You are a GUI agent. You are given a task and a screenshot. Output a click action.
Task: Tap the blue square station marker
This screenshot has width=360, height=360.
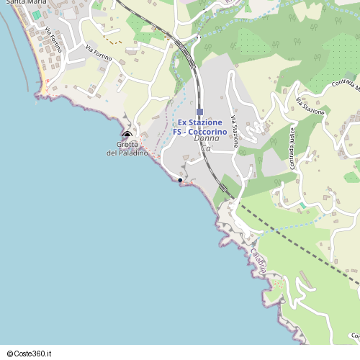pyautogui.click(x=200, y=112)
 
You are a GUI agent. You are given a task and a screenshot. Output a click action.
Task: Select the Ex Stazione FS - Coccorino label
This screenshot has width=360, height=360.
pyautogui.click(x=199, y=127)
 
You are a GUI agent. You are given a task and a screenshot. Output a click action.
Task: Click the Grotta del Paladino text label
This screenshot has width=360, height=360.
pyautogui.click(x=127, y=149)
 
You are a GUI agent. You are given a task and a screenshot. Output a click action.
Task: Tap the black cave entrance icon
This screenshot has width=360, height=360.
pyautogui.click(x=127, y=135)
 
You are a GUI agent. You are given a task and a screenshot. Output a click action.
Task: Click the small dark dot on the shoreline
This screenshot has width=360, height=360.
pyautogui.click(x=179, y=180)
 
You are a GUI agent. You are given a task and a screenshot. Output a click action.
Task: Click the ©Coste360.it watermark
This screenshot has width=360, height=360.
pyautogui.click(x=29, y=354)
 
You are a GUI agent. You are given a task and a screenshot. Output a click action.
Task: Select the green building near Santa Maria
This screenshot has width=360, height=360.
pyautogui.click(x=36, y=14)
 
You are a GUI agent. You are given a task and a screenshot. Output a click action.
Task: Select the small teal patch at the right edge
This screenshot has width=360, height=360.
pyautogui.click(x=356, y=166)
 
